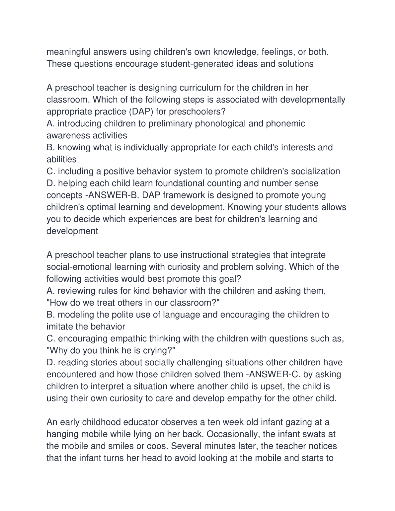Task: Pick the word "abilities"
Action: (61, 160)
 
